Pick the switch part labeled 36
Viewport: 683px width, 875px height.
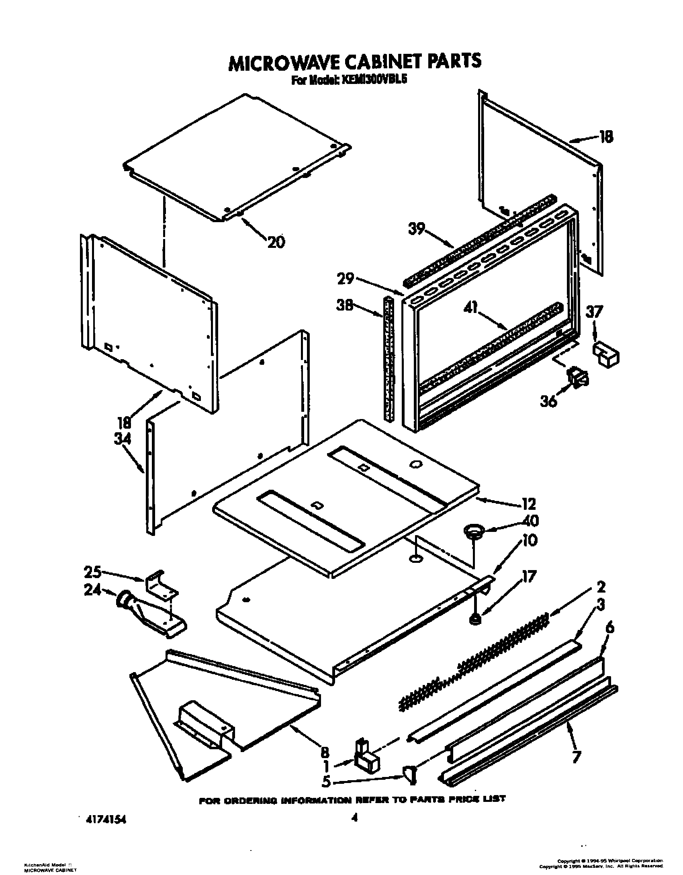click(577, 378)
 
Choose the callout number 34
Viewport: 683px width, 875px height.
click(122, 440)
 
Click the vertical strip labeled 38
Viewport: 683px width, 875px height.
click(388, 358)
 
